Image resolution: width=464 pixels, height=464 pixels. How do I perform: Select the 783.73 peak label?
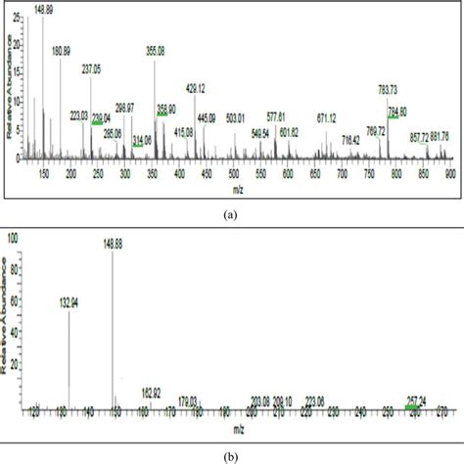tap(391, 89)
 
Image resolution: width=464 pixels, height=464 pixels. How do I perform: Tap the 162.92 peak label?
tap(148, 392)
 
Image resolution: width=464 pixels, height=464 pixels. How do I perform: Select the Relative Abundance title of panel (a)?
tap(11, 83)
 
